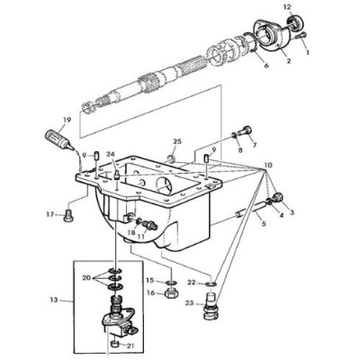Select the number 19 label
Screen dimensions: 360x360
coord(66,119)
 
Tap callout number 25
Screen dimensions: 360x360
coord(177,141)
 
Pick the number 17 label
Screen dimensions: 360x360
coord(50,213)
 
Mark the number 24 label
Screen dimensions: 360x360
coord(112,154)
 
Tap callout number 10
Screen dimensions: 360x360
coord(268,167)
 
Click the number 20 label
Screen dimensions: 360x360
coord(88,278)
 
